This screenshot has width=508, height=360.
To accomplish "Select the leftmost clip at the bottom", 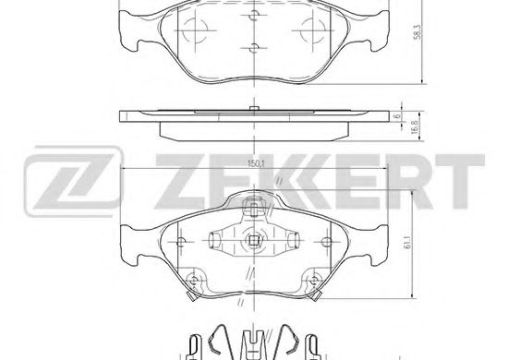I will pyautogui.click(x=195, y=345).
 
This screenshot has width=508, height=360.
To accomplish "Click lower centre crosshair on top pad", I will pyautogui.click(x=253, y=47).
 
